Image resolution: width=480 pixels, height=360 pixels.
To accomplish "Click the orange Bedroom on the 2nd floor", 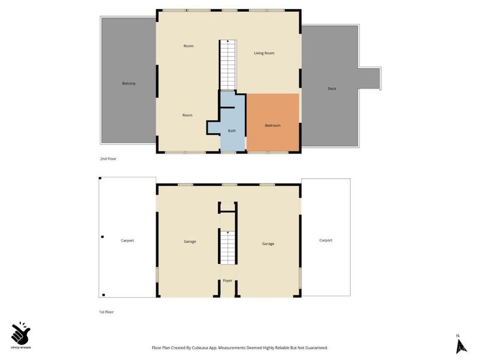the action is tap(273, 122).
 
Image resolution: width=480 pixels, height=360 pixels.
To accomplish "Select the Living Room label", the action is tap(264, 53).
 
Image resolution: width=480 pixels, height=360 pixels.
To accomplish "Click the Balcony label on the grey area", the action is tap(128, 83).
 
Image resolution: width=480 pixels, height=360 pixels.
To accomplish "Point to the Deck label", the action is tap(332, 88).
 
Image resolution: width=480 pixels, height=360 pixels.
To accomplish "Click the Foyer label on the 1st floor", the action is tap(227, 280).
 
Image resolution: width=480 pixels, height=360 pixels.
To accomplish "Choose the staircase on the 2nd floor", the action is tap(228, 65).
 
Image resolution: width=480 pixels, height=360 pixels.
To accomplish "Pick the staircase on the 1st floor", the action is tap(228, 247).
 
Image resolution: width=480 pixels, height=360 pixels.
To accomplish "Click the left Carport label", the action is tap(127, 241).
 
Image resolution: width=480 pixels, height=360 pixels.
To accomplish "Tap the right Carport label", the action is tap(326, 241).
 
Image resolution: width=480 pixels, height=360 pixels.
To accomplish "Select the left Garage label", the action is tap(190, 242).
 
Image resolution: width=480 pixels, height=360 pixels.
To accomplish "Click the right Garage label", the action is tap(268, 244).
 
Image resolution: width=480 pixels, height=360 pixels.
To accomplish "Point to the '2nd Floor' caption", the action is tap(109, 158).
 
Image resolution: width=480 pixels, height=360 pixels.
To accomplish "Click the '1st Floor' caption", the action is tap(106, 312).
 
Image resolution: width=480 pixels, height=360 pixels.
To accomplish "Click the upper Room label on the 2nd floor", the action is tap(188, 46).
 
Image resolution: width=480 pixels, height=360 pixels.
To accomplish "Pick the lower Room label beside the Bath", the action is tap(187, 115).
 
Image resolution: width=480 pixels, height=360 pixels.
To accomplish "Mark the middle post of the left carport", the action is tap(103, 236).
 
